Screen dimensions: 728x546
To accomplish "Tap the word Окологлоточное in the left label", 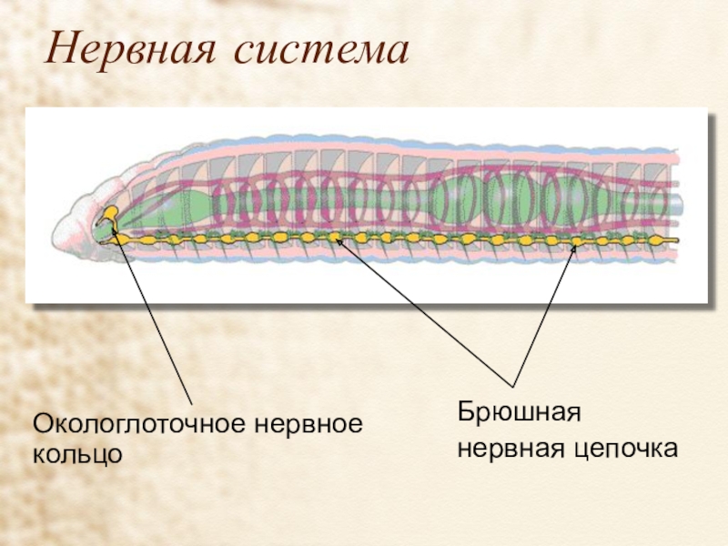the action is click(x=140, y=424).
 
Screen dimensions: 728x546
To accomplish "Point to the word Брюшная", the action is click(x=519, y=414).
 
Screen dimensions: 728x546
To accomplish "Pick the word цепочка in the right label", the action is click(x=627, y=449).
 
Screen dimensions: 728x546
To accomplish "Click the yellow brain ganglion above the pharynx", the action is click(x=109, y=216).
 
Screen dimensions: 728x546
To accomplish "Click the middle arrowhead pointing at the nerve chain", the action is click(x=336, y=238).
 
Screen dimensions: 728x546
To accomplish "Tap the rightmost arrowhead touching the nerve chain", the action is click(x=575, y=243).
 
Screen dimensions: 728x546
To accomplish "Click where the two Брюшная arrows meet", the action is click(x=513, y=387).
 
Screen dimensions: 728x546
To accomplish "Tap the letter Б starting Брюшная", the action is click(x=463, y=414).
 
